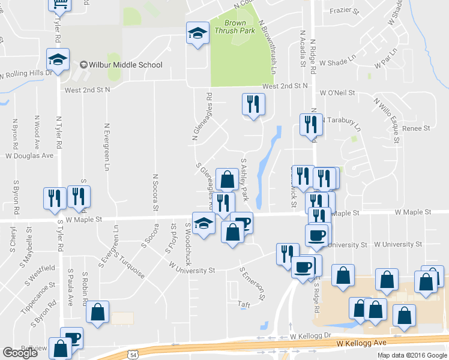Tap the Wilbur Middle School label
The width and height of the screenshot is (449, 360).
[x=125, y=65]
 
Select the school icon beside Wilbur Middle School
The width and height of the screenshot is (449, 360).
[x=58, y=60]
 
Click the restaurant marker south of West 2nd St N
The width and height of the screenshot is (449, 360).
[x=253, y=105]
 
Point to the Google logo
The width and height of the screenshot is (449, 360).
[x=20, y=353]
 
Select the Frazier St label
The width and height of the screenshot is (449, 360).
[x=343, y=11]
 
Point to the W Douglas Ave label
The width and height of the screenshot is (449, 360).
[x=29, y=155]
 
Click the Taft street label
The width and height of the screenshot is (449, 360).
[x=243, y=304]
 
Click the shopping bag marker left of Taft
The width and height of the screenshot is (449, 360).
[x=97, y=312]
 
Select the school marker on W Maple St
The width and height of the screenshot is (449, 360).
[x=203, y=224]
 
